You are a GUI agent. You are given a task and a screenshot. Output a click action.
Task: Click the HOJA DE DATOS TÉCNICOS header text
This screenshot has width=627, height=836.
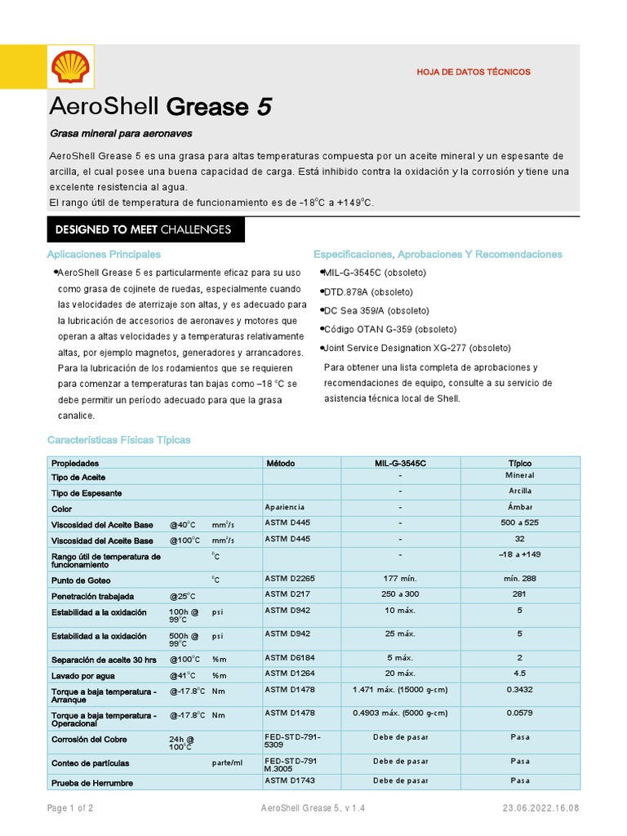(474, 72)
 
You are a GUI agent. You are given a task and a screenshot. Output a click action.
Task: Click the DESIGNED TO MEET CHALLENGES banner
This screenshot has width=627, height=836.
(143, 229)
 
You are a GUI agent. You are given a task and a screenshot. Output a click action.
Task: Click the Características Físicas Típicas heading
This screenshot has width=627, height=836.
(119, 440)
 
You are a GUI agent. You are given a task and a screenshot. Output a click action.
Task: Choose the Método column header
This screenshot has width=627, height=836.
(281, 463)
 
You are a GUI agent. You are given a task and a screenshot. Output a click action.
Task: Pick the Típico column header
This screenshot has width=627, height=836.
(520, 463)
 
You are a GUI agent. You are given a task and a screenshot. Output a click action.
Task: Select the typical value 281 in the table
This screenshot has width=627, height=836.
(520, 595)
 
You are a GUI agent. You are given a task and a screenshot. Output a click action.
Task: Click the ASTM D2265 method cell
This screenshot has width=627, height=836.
(290, 578)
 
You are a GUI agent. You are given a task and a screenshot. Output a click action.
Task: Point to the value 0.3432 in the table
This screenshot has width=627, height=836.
(520, 690)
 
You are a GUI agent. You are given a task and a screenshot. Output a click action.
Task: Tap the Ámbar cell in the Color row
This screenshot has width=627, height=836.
(520, 506)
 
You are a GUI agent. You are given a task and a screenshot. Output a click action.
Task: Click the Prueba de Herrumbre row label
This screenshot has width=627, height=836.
(92, 782)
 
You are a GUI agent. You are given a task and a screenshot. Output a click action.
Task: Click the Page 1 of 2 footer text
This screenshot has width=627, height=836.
(70, 808)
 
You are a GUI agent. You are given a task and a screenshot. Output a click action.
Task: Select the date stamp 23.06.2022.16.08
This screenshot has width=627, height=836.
(541, 808)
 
